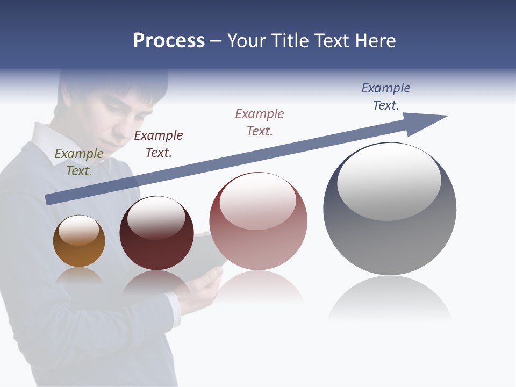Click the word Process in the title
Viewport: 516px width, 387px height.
(169, 41)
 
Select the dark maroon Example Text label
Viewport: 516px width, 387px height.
(159, 144)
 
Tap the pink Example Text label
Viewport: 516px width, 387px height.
(260, 122)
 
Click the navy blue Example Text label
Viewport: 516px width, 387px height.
(386, 97)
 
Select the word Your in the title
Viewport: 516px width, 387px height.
(246, 41)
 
